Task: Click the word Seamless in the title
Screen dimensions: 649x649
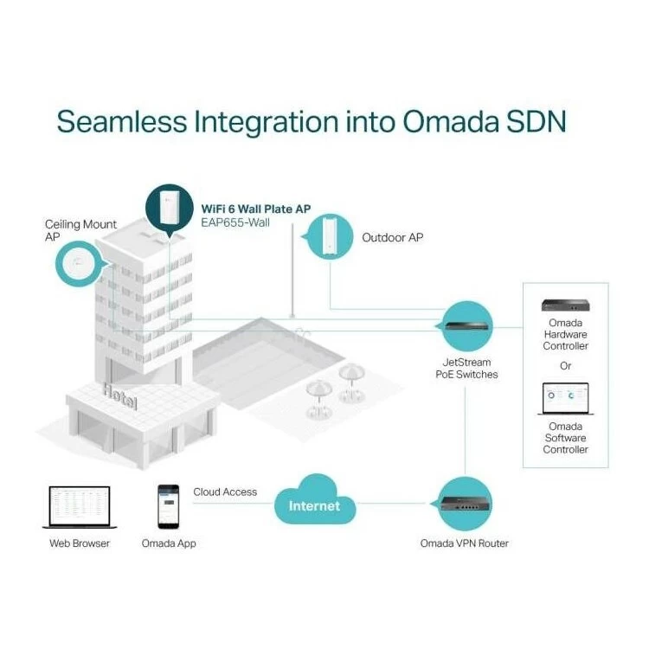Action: [122, 122]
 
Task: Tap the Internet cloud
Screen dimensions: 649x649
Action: [315, 499]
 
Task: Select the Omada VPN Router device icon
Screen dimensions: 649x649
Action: [465, 504]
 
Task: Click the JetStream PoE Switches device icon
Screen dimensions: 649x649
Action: [468, 325]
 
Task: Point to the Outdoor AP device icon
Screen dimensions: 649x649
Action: [330, 235]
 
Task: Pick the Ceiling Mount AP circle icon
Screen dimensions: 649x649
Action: [78, 264]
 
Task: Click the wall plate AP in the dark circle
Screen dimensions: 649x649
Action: [170, 207]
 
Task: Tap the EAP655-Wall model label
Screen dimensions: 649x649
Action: [235, 222]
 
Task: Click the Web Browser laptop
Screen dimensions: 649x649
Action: [80, 507]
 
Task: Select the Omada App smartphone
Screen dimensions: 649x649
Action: [169, 506]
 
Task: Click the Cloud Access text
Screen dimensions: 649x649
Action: [225, 492]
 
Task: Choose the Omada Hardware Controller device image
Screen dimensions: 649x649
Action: [565, 305]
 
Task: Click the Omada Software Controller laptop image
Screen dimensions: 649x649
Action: [565, 399]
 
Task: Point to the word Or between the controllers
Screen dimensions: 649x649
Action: [565, 366]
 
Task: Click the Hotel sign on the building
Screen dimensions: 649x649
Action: [120, 396]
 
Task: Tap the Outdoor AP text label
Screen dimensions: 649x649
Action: [392, 238]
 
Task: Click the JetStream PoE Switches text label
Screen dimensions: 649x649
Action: [467, 369]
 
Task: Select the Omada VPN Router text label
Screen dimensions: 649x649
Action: [465, 543]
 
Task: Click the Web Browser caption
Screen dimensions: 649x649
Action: [80, 543]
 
